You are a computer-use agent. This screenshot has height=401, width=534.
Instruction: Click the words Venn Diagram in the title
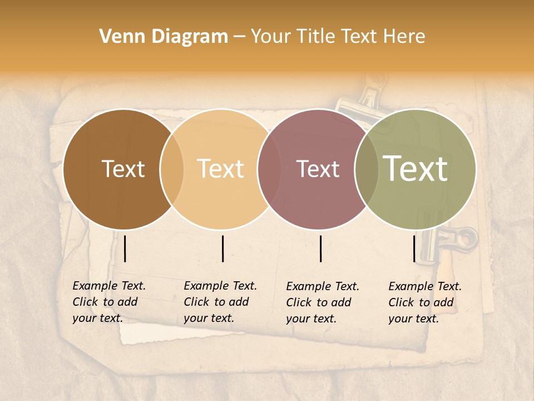click(164, 37)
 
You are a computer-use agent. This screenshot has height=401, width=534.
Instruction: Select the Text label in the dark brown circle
click(123, 169)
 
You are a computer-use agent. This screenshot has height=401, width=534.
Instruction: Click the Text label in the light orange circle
click(221, 169)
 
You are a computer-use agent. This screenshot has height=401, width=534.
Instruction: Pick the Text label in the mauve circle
click(318, 169)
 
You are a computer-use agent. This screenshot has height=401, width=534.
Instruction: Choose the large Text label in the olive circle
click(416, 169)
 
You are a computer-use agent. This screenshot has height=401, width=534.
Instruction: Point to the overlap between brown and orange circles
click(172, 169)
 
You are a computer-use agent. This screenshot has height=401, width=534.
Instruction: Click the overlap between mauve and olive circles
click(367, 169)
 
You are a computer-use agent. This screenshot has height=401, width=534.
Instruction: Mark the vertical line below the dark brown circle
click(125, 248)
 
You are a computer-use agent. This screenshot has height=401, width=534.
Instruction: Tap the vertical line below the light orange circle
click(222, 248)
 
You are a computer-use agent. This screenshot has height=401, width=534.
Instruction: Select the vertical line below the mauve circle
click(321, 248)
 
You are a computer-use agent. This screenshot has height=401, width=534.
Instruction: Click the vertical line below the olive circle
click(414, 248)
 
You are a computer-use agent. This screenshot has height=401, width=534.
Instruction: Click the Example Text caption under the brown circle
click(108, 302)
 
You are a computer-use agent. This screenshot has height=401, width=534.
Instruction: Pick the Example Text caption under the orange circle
click(220, 302)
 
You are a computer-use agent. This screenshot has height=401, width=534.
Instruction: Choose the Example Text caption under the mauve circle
click(322, 302)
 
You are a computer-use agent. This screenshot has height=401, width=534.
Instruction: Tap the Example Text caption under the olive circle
click(424, 302)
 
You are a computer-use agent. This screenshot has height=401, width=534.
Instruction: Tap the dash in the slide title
click(239, 37)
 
